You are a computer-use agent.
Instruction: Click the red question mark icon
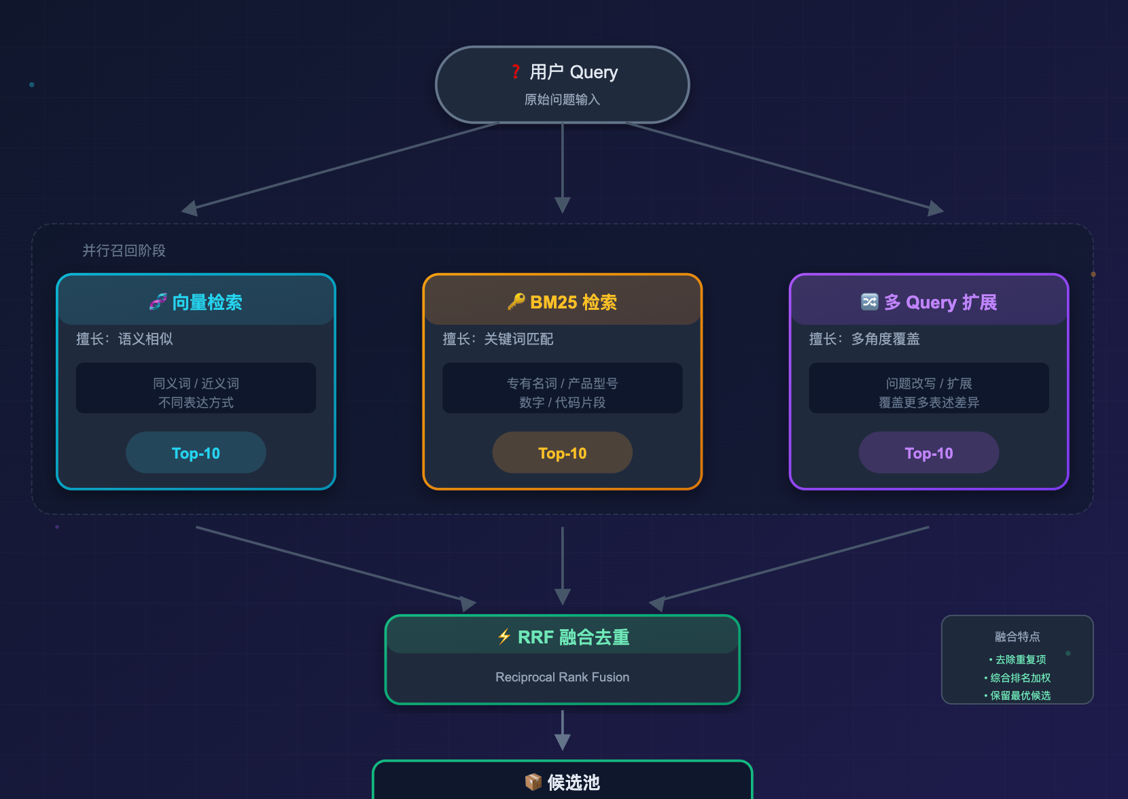tap(516, 72)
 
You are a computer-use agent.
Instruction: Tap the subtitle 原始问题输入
tap(562, 100)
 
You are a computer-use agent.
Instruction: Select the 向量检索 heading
tap(207, 302)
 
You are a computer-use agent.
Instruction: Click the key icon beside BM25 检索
tap(516, 302)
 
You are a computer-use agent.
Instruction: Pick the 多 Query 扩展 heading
tap(940, 302)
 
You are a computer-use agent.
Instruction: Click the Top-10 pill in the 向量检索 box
tap(196, 453)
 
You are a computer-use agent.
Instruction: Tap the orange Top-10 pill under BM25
tap(562, 453)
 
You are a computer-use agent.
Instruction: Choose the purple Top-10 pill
tap(928, 453)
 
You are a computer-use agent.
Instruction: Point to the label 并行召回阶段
tap(124, 251)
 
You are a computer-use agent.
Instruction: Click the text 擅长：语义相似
tap(124, 339)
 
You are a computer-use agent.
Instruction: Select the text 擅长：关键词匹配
tap(498, 339)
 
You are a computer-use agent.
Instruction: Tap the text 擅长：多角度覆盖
tap(864, 339)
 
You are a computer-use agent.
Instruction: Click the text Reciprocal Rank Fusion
tap(562, 677)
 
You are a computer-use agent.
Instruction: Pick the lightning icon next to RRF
tap(504, 637)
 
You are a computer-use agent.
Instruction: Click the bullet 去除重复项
tap(1020, 660)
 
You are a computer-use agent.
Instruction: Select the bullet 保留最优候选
tap(1020, 696)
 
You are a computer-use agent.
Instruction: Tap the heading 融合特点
tap(1017, 637)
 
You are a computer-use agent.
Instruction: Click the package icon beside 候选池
tap(533, 782)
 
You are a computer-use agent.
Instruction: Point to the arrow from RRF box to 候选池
tap(563, 731)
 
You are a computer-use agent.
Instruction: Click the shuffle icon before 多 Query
tap(869, 302)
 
